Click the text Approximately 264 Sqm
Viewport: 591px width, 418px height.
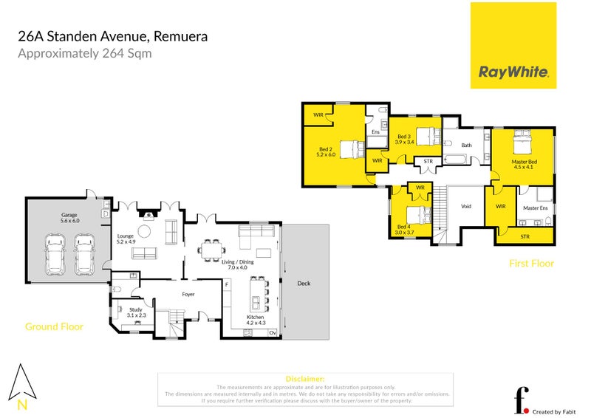pyautogui.click(x=84, y=53)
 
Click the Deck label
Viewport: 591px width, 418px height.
pyautogui.click(x=304, y=283)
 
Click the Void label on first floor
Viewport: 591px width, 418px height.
pyautogui.click(x=465, y=206)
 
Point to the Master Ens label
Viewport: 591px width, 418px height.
pyautogui.click(x=534, y=208)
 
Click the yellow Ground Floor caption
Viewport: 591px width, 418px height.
pyautogui.click(x=54, y=326)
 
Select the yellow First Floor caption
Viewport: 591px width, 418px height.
pyautogui.click(x=531, y=263)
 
